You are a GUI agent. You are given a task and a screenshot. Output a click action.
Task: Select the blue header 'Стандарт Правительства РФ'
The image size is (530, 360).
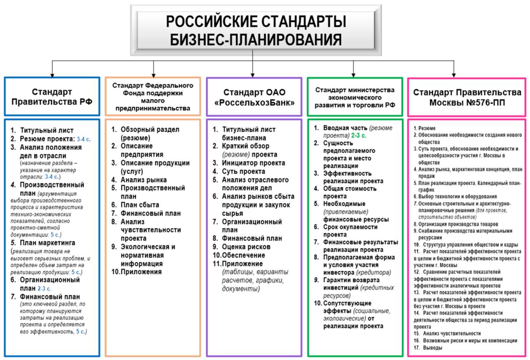click(x=52, y=96)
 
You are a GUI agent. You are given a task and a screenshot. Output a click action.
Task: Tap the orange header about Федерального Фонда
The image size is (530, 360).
click(x=153, y=96)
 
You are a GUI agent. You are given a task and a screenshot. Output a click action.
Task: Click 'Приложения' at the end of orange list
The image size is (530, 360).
click(x=140, y=272)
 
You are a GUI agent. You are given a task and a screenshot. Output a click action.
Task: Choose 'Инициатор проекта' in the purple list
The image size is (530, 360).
click(x=253, y=163)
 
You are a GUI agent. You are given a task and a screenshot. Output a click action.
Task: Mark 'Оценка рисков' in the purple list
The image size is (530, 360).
click(x=246, y=247)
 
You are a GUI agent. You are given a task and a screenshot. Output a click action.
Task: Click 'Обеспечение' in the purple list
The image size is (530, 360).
click(x=243, y=255)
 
